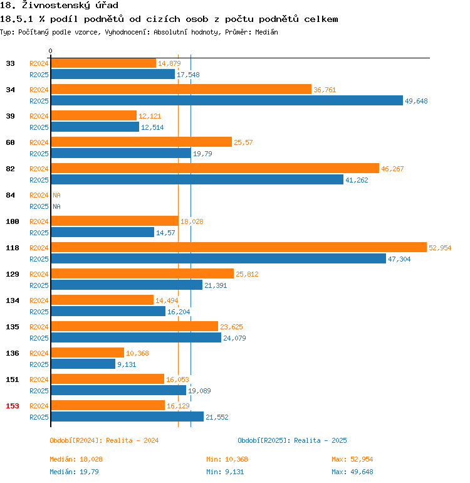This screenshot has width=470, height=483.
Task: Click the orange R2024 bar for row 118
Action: pyautogui.click(x=238, y=248)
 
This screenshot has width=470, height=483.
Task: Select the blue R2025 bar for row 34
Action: pyautogui.click(x=226, y=101)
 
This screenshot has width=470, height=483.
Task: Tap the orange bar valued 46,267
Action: pyautogui.click(x=214, y=169)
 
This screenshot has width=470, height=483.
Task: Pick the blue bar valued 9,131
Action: pyautogui.click(x=83, y=364)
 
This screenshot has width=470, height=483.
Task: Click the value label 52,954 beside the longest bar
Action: pyautogui.click(x=440, y=248)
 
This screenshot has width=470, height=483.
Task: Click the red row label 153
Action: pyautogui.click(x=13, y=406)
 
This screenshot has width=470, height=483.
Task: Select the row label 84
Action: pyautogui.click(x=11, y=195)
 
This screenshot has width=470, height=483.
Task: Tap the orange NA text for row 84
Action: pyautogui.click(x=56, y=195)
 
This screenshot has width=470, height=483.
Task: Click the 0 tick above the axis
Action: pyautogui.click(x=51, y=51)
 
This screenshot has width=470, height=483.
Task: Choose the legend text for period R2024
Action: pyautogui.click(x=104, y=440)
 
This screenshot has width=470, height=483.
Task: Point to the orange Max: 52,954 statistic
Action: pyautogui.click(x=352, y=460)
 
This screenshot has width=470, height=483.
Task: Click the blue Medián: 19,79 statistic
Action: pyautogui.click(x=74, y=472)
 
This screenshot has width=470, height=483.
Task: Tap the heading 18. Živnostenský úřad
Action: pyautogui.click(x=59, y=6)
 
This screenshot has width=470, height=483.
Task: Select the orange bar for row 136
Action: pyautogui.click(x=87, y=353)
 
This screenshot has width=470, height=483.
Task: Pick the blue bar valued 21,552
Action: pyautogui.click(x=127, y=417)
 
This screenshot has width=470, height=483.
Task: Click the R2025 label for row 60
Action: pyautogui.click(x=39, y=154)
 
